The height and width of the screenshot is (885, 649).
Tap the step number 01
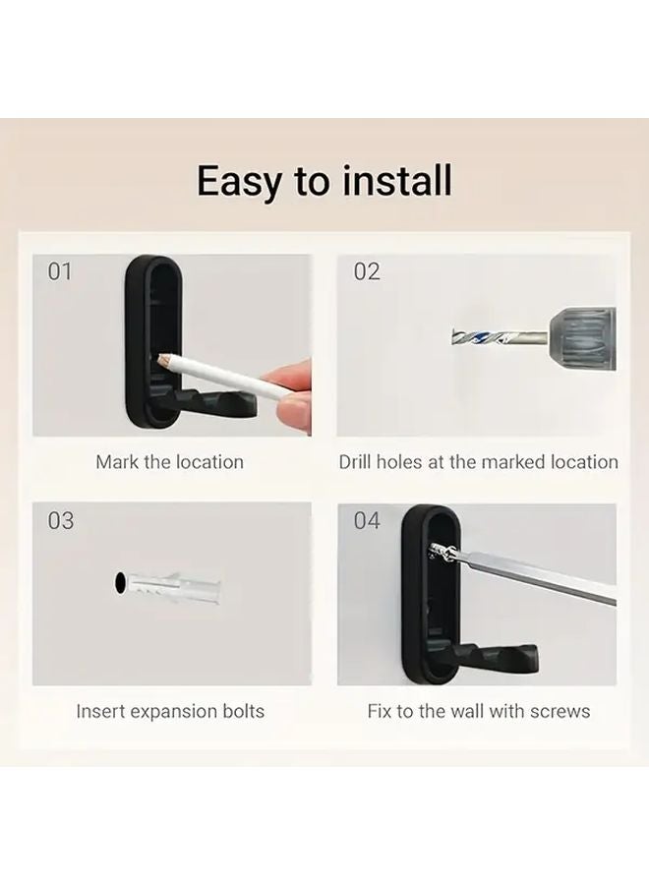coord(60,271)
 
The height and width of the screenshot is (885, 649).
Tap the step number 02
coord(367,271)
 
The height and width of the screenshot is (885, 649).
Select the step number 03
coord(60,520)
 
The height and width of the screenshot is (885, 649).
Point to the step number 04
coord(367,520)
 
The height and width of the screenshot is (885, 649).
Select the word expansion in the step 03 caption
coord(171,711)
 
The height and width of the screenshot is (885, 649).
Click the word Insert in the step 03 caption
coord(99,711)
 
